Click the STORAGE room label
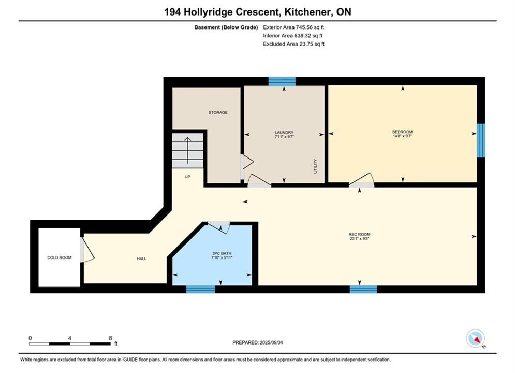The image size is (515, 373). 218,112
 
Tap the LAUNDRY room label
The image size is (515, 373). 284,133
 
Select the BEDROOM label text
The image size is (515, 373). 402,132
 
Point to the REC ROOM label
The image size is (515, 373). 359,234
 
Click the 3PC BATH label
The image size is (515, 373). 222,253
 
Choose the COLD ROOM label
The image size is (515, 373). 59,257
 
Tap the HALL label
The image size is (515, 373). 141,259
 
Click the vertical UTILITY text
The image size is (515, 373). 315,166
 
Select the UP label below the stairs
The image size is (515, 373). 187,177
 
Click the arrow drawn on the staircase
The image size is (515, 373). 187,151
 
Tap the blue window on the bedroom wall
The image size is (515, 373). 481,140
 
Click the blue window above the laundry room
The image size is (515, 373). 282,81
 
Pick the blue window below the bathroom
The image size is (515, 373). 201,289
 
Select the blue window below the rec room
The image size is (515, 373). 363,289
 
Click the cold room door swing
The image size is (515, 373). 87,250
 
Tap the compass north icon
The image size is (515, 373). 475,338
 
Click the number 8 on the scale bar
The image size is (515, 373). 110,338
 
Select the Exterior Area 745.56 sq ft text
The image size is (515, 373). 293,27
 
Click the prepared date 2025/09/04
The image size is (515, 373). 271,342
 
